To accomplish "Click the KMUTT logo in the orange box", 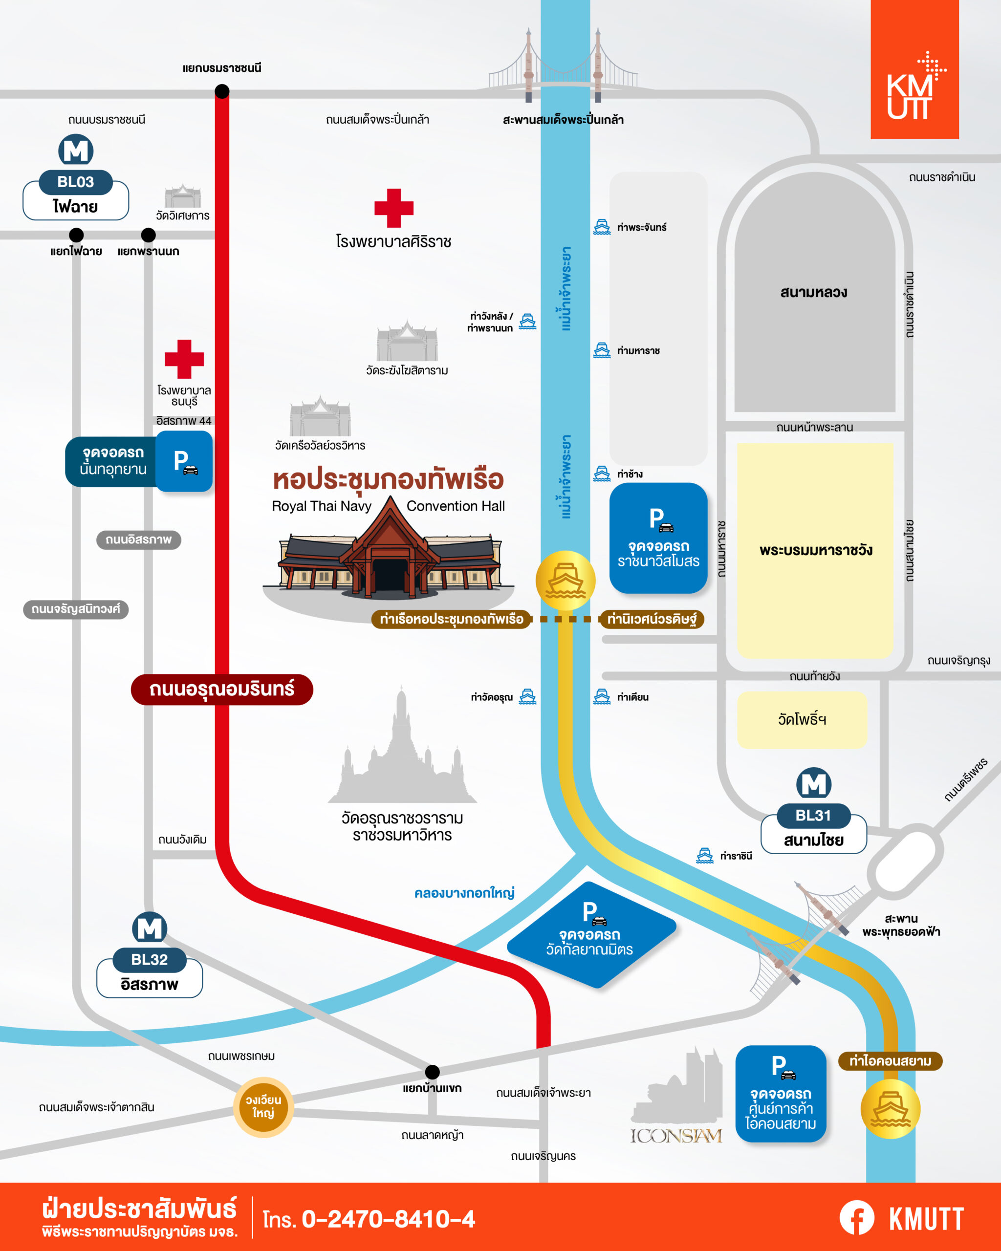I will (914, 87).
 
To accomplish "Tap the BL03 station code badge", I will (75, 182).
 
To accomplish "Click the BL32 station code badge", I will (149, 960).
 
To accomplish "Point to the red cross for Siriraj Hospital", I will (394, 208).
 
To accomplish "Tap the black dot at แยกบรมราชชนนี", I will (222, 91).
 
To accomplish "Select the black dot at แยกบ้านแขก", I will (432, 1072).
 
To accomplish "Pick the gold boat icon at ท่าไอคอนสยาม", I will (890, 1109).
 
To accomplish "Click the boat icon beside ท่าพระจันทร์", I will (602, 227).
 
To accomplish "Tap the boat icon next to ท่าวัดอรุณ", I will (527, 696).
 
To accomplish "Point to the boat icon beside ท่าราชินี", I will (704, 855).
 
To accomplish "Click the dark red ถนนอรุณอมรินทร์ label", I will (222, 690).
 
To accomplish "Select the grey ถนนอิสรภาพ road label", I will (138, 539).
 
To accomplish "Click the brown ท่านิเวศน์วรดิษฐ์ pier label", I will (651, 619).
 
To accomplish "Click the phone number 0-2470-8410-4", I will (388, 1219).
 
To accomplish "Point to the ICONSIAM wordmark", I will (676, 1136).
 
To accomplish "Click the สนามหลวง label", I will (814, 292).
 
